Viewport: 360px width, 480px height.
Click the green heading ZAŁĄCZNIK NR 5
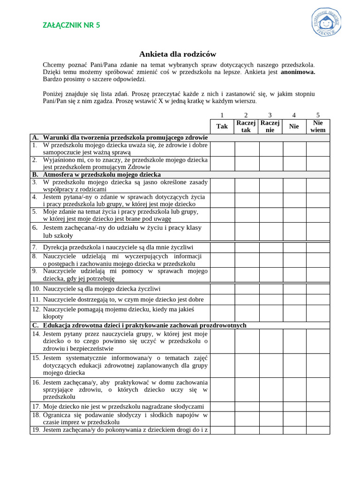point(71,25)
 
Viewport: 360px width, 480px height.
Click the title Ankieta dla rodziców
point(178,54)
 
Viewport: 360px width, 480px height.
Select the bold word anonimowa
point(298,72)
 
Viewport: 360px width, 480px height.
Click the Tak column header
point(222,126)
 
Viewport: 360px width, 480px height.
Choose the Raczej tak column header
point(246,126)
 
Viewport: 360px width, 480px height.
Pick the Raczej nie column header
point(270,126)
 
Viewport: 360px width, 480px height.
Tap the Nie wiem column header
point(318,126)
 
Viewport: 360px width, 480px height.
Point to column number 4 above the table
point(294,115)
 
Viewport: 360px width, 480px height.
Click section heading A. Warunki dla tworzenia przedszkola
point(120,138)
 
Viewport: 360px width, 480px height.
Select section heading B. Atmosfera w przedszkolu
point(96,174)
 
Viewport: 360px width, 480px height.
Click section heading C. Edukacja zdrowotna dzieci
point(139,325)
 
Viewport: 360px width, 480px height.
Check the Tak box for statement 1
point(222,149)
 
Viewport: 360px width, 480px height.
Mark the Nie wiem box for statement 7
point(318,247)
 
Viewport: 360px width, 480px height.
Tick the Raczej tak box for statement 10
point(247,289)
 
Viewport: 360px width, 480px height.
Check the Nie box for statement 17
point(294,406)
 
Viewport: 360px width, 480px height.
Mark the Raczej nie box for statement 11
point(270,300)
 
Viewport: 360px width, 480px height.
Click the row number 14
point(36,334)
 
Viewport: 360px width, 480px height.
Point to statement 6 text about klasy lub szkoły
point(122,232)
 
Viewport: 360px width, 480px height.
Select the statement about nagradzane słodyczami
point(124,406)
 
